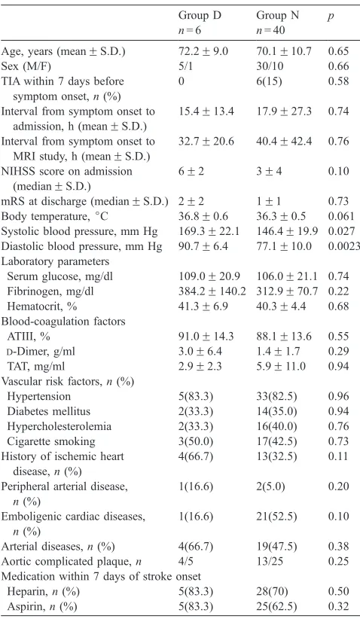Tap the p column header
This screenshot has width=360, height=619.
click(331, 17)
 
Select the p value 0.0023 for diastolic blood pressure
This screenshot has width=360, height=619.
click(344, 246)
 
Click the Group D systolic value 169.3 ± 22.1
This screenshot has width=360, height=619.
click(209, 231)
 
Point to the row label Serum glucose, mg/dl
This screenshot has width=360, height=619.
click(59, 276)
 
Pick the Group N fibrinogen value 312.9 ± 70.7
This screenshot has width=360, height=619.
click(287, 291)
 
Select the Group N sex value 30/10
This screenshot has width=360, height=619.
click(270, 66)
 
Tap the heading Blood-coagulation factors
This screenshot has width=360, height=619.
click(63, 322)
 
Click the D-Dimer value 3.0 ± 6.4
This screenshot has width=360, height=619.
click(200, 352)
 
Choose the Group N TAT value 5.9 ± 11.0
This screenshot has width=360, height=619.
click(281, 366)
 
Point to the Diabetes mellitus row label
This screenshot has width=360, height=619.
click(48, 411)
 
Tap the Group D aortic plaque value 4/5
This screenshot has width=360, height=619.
click(185, 561)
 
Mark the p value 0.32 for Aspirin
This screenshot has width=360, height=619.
click(339, 606)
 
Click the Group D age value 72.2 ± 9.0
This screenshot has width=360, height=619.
click(203, 51)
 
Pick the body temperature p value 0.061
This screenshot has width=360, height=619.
click(341, 216)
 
